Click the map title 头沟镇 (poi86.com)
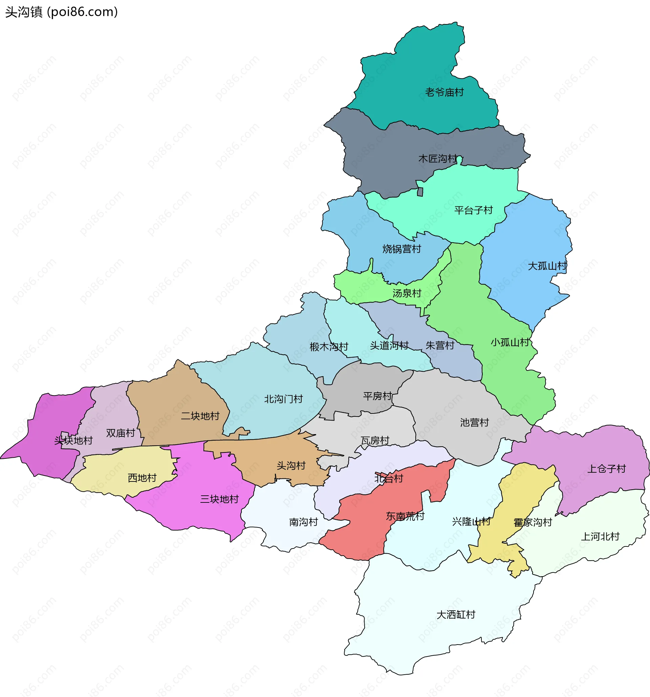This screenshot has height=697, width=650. [x=61, y=12]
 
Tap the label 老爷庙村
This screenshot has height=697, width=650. [x=445, y=92]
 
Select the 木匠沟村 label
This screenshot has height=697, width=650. [x=438, y=159]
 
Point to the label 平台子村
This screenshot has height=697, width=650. [x=474, y=210]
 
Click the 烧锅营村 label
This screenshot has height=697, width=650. [x=402, y=249]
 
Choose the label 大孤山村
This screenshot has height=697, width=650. [x=547, y=266]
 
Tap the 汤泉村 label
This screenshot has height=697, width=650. [x=407, y=293]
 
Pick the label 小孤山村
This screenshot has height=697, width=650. [x=510, y=342]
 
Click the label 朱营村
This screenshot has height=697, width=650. [x=440, y=345]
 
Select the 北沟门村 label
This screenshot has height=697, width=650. [x=283, y=399]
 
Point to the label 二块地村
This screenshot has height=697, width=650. [x=200, y=416]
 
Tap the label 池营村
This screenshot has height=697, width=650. [x=475, y=423]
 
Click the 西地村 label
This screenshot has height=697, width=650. [x=142, y=478]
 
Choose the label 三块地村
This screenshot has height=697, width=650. [x=219, y=499]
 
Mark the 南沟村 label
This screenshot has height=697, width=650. [x=303, y=522]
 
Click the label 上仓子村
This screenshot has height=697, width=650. [x=607, y=469]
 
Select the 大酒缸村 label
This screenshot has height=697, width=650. [x=456, y=614]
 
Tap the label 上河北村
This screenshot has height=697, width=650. [x=600, y=536]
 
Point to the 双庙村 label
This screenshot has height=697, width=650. [x=121, y=433]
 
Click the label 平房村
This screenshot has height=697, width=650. [x=377, y=396]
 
